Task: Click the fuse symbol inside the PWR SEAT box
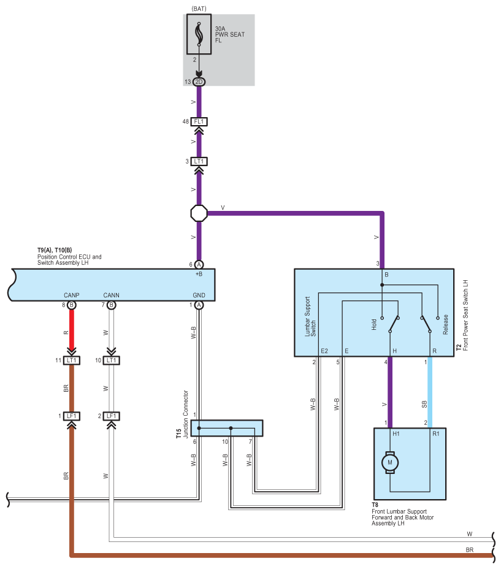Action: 199,34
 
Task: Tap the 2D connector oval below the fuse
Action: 199,82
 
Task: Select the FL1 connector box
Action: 199,121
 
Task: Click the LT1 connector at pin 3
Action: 199,161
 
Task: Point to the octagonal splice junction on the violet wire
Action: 199,213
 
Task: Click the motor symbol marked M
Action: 390,462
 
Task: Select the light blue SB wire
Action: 430,392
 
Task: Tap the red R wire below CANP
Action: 72,330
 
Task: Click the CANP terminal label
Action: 72,295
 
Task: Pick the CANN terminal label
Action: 111,295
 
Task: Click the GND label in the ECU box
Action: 199,295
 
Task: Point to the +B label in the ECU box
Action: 199,274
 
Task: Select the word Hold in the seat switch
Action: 374,324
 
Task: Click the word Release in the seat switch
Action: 445,324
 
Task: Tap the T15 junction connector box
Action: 227,428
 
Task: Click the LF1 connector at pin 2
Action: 111,416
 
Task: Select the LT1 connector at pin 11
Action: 72,361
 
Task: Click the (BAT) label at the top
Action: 199,9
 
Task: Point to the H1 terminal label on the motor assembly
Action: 396,433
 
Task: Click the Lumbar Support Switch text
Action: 310,317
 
